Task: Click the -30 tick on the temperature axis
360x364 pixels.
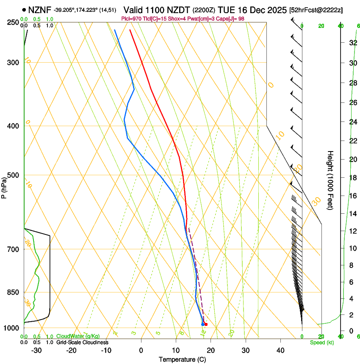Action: point(36,350)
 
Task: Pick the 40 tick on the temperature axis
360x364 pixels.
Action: point(280,350)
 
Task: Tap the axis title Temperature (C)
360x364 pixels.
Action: point(182,360)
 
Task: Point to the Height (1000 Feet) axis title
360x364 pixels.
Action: point(330,180)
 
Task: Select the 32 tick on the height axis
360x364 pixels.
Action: point(352,42)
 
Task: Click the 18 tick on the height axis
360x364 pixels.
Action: point(352,177)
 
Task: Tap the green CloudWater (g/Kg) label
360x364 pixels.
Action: point(78,336)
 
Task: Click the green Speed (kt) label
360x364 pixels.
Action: point(321,342)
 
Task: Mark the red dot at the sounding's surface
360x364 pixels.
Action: point(206,325)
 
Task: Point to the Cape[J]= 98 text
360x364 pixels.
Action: point(230,19)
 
